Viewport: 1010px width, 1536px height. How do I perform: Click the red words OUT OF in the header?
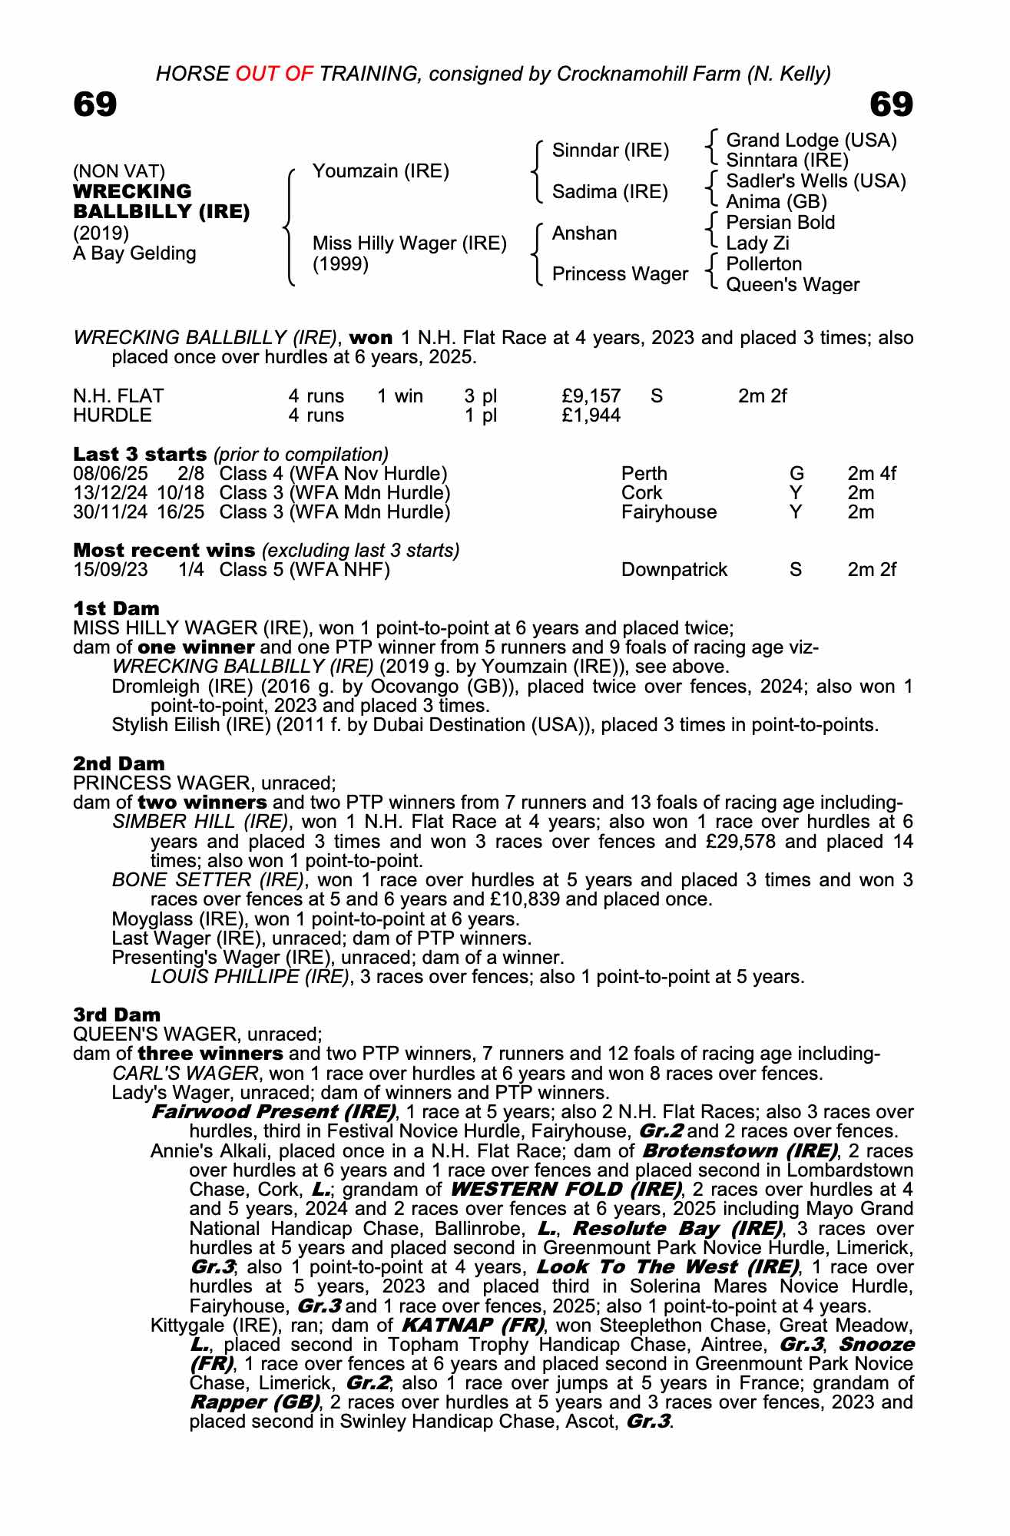(x=274, y=74)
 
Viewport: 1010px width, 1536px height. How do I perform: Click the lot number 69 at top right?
(x=891, y=104)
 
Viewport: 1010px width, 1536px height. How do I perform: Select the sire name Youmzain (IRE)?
(x=380, y=171)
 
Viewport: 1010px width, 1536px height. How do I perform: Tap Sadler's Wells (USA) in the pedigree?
(x=816, y=181)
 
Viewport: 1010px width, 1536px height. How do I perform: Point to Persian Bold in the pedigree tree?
(x=780, y=223)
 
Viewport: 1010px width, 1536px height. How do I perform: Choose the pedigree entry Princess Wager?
(x=620, y=274)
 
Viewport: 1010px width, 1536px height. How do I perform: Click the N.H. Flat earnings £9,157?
(x=591, y=396)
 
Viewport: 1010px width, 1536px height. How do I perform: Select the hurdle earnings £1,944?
(x=591, y=415)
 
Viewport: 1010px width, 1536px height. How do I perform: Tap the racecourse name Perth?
(x=644, y=473)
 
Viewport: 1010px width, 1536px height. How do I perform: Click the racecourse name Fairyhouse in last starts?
(x=668, y=511)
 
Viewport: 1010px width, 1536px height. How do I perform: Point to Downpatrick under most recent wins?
(x=674, y=570)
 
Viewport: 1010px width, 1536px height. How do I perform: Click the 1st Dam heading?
(x=116, y=609)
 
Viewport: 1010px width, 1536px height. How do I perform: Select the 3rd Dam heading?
(x=117, y=1015)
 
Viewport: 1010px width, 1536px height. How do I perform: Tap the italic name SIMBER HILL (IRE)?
(x=200, y=822)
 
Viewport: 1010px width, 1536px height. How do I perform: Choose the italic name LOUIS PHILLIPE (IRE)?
(x=250, y=977)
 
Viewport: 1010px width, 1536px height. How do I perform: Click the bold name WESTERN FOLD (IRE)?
(x=565, y=1190)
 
